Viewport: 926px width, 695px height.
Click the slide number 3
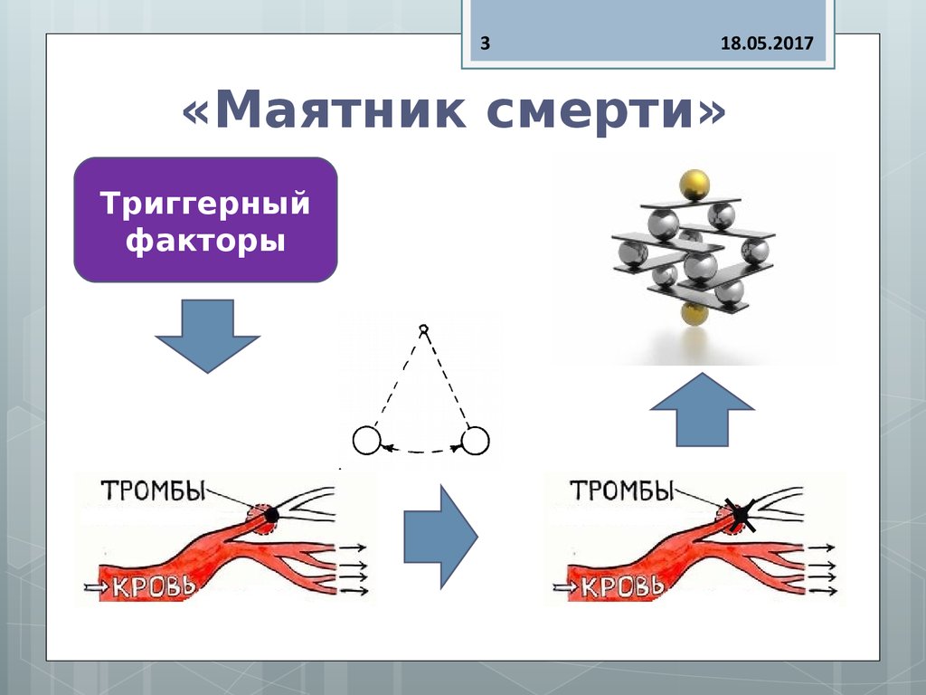tap(485, 43)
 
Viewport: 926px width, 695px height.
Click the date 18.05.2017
tap(767, 43)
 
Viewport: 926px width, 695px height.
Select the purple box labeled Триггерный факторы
tap(205, 220)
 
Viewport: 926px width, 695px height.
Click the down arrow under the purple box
tap(207, 336)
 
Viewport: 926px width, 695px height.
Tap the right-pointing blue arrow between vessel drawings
tap(439, 536)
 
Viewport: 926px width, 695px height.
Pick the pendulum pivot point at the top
tap(423, 328)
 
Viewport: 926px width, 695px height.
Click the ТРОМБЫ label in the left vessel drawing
tap(154, 491)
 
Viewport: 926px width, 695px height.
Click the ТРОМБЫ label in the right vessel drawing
tap(623, 491)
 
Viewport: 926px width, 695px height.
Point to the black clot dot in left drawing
tap(270, 514)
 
